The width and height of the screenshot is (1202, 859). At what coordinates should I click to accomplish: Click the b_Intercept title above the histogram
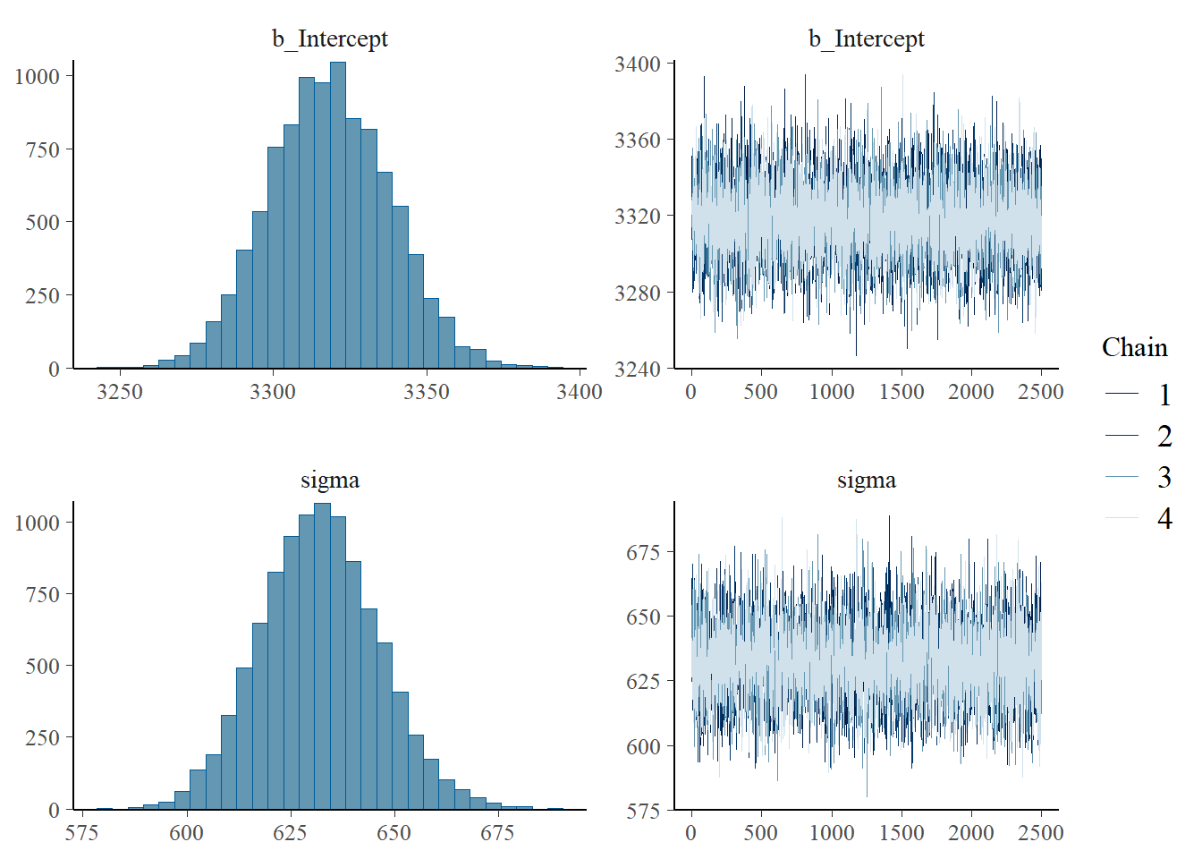330,38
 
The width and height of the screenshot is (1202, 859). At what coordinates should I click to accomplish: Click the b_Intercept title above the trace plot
866,38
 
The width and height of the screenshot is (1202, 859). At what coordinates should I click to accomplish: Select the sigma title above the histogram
330,481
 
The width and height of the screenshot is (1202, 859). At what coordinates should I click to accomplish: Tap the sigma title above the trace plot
866,481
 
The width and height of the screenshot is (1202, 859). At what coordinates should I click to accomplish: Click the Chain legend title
1134,347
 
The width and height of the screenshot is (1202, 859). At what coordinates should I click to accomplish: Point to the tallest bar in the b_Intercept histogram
337,215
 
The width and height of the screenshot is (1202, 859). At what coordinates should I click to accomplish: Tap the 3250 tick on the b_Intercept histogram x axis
119,392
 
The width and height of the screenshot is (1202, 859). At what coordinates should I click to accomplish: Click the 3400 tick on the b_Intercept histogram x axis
579,392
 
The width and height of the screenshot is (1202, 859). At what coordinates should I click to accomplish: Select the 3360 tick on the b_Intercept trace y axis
638,140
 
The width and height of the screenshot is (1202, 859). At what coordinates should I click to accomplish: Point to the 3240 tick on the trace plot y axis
638,369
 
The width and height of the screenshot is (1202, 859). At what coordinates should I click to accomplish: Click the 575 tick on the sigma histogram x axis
82,833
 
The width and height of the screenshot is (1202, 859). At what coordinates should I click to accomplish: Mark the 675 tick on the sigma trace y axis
643,552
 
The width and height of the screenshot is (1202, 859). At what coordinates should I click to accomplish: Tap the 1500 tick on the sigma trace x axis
901,833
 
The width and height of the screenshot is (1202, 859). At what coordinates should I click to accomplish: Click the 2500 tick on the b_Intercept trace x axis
1041,392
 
